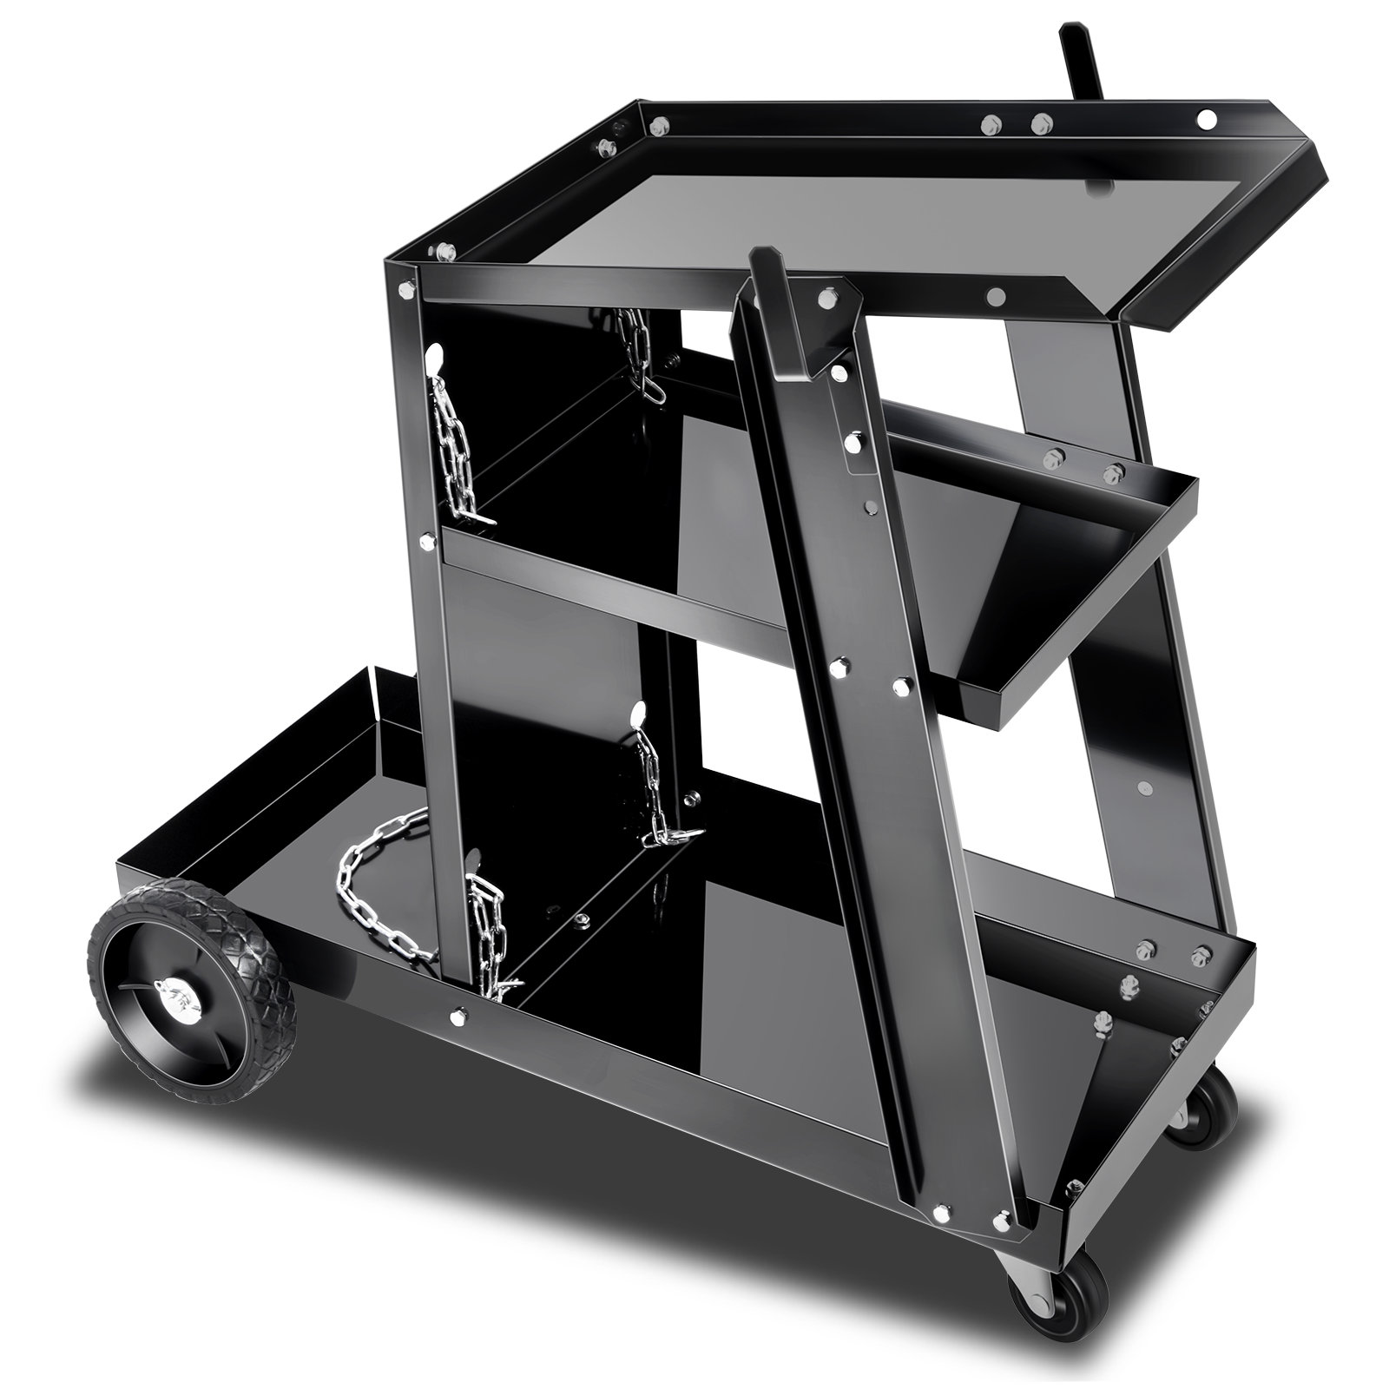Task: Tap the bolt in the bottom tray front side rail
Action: pyautogui.click(x=458, y=1013)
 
